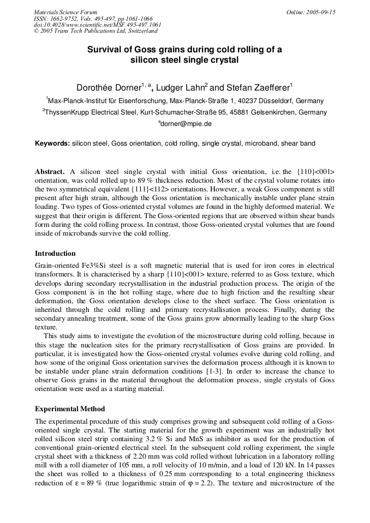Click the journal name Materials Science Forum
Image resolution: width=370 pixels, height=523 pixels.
(65, 11)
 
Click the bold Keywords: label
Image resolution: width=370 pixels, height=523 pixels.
(52, 143)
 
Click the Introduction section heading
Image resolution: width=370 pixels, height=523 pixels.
(55, 254)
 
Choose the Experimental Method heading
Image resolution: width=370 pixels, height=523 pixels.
(70, 408)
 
